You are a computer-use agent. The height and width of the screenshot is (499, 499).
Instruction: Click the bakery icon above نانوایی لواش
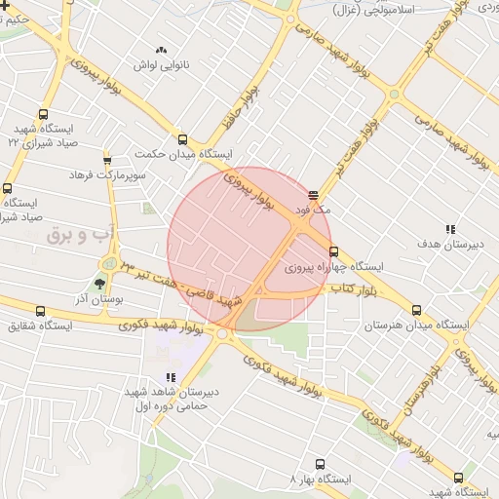point(161,49)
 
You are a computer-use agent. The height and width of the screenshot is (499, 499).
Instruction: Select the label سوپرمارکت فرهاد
point(107,174)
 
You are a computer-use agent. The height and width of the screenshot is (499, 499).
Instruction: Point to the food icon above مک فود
point(313,195)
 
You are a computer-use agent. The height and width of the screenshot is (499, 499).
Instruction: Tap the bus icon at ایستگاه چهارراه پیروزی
point(334,251)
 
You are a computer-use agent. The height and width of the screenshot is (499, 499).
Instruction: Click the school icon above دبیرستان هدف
point(449,229)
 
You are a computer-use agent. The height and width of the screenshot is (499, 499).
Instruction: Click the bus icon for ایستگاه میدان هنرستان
point(417,310)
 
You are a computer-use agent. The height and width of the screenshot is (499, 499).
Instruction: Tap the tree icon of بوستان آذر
point(100,285)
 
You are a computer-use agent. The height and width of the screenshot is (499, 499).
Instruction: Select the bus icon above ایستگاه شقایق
point(42,311)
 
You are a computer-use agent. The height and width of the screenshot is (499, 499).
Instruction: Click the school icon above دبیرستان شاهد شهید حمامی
point(171,377)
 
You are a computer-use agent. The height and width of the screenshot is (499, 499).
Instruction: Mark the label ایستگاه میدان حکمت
point(230,155)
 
